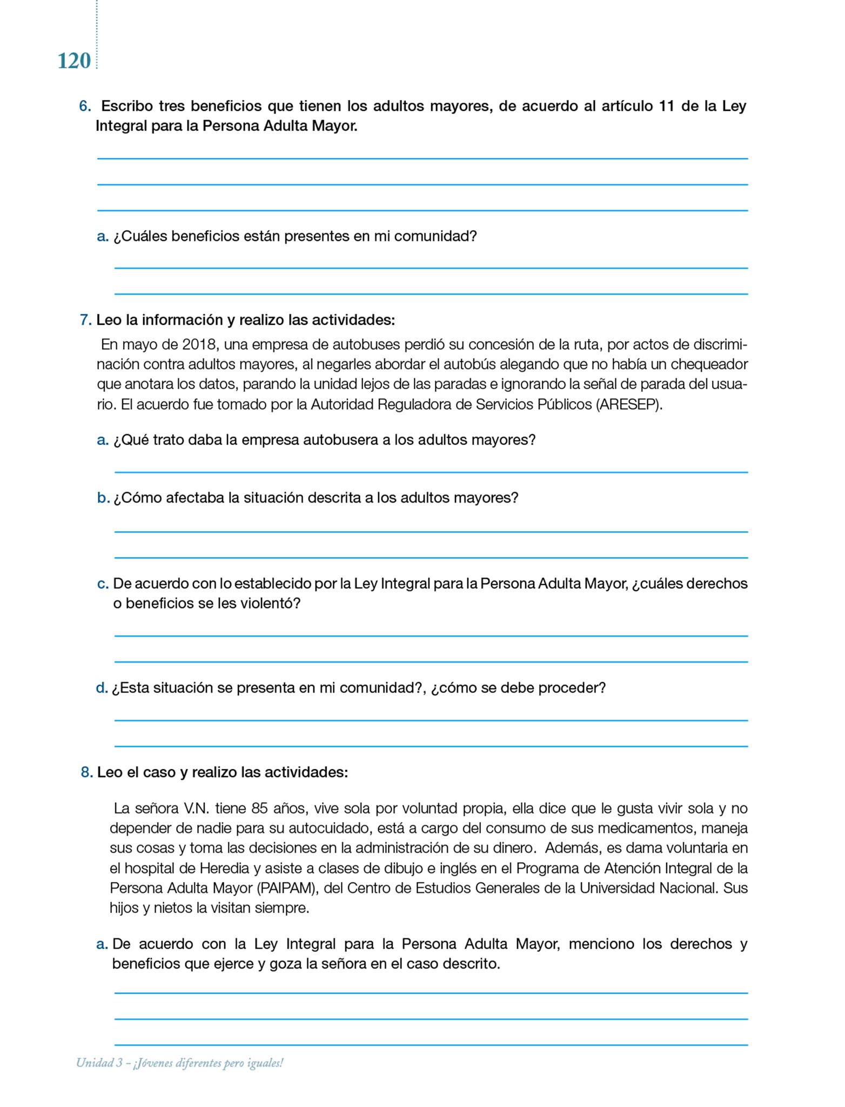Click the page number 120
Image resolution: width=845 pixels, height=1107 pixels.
click(74, 61)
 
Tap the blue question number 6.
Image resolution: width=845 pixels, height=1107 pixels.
click(85, 106)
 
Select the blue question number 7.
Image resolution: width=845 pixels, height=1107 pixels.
click(85, 320)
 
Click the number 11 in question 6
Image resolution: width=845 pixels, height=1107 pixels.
click(667, 106)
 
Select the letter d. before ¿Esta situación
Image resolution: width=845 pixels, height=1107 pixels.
click(102, 688)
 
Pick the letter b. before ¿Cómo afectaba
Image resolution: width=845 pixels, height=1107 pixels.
click(103, 498)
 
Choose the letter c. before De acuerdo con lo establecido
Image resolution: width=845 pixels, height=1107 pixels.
click(103, 584)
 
